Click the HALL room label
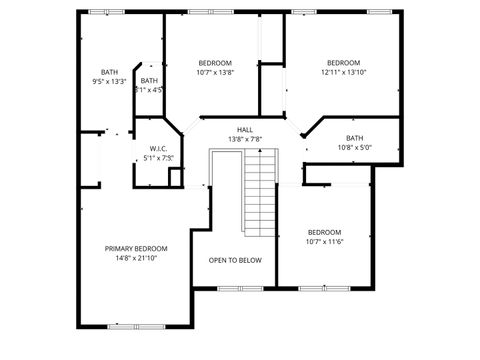245,130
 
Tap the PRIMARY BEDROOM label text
136,248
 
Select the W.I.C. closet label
158,148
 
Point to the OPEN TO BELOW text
235,260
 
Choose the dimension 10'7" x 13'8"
214,72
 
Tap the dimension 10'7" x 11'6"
324,241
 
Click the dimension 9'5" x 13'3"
109,81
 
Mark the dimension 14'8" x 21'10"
136,258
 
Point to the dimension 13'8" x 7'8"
245,139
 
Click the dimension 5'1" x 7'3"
158,157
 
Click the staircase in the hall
260,192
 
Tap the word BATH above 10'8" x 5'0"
355,138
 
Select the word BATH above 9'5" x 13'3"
109,71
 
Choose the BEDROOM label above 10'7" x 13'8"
214,62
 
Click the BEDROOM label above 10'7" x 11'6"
324,231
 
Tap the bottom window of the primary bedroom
136,325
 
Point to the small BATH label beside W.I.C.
149,81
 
